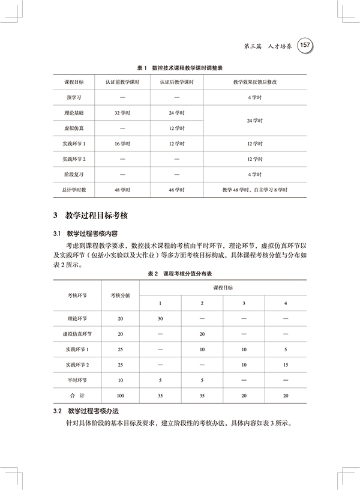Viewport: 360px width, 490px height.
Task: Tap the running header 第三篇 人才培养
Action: coord(263,46)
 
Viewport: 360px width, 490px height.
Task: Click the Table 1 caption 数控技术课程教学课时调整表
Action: coord(179,69)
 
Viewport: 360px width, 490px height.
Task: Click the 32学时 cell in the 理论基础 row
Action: coord(122,112)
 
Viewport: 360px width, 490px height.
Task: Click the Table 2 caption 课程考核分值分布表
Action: coord(179,274)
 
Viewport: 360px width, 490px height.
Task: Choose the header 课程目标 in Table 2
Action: coord(223,288)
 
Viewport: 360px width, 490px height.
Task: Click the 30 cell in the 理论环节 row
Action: coord(160,318)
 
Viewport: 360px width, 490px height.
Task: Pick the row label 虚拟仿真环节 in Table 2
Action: coord(77,334)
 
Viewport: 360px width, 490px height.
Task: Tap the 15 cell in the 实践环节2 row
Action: coord(286,364)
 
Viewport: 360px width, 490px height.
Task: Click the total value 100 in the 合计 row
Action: coord(121,396)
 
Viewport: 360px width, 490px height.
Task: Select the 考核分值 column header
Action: coord(121,295)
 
